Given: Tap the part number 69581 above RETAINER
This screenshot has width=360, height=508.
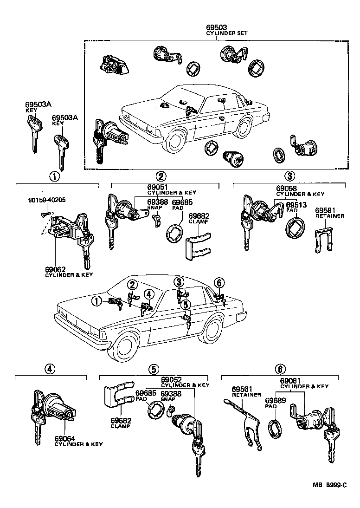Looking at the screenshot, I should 325,210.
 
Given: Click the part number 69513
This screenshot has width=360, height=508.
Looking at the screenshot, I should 295,204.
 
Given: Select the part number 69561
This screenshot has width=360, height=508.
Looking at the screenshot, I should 241,389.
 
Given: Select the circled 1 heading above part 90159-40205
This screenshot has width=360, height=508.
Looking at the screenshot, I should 55,176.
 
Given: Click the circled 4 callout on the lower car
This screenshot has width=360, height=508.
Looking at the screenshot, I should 148,294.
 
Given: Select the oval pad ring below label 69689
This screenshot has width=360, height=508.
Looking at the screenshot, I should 275,428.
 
